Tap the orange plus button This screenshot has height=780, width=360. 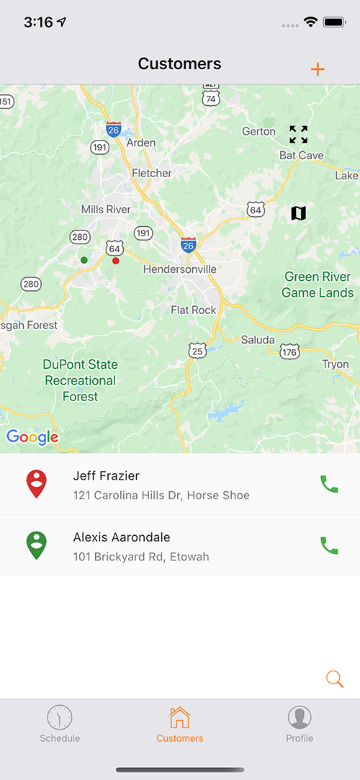318,69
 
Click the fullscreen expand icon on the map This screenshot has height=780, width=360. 298,134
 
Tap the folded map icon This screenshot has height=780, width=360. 298,213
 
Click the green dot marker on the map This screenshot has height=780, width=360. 84,260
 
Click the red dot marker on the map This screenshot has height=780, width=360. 115,261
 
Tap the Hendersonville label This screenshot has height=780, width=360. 180,269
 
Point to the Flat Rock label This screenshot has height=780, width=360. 194,310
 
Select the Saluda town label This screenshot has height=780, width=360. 258,339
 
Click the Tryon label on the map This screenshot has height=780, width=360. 336,364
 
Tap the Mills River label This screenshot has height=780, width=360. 106,209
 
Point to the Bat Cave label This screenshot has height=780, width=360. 302,156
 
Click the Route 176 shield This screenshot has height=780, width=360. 289,351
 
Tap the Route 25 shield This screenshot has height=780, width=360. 198,351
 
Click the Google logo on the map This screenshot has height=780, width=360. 32,437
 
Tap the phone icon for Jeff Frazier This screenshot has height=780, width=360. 329,484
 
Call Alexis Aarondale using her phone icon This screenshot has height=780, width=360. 329,546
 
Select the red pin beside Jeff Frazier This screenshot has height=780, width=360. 37,483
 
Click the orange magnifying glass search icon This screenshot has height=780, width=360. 334,678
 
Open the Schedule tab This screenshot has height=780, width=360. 60,724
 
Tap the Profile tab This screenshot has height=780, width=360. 300,724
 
